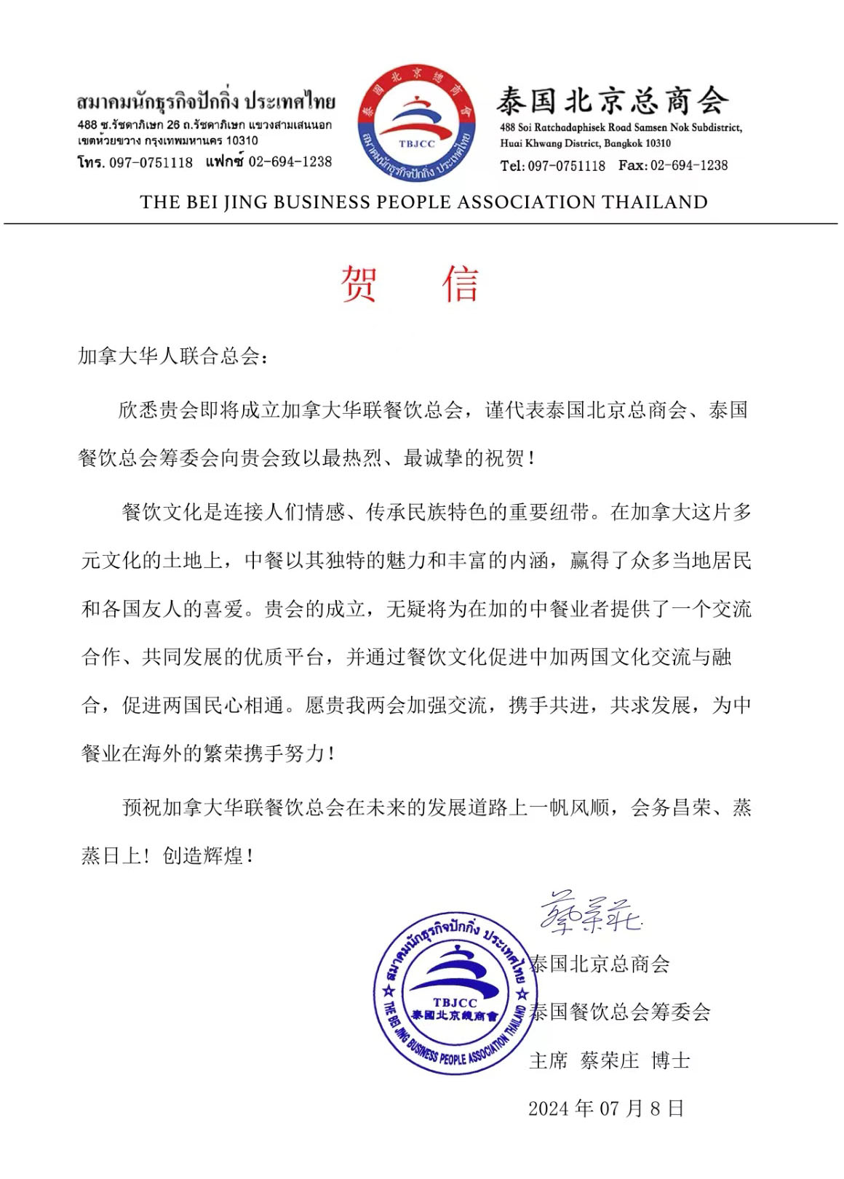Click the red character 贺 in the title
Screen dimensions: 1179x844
[x=359, y=284]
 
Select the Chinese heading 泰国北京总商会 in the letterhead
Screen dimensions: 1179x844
[x=612, y=100]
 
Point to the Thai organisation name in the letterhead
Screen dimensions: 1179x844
[x=206, y=101]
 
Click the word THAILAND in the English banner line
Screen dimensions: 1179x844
[x=655, y=202]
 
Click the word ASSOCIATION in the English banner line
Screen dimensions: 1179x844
[x=522, y=202]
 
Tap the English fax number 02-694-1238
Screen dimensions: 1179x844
[x=688, y=165]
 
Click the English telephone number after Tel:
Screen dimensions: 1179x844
[x=566, y=166]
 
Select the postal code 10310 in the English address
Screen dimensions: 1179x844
[x=658, y=143]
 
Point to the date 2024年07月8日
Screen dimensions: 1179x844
[x=606, y=1108]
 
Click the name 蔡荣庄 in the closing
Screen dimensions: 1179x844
[x=609, y=1060]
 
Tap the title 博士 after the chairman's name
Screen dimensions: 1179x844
[x=671, y=1060]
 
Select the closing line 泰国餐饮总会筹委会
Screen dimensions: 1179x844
[x=619, y=1012]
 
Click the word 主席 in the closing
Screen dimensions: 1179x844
[x=548, y=1060]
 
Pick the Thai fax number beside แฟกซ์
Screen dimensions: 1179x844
[x=290, y=161]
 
